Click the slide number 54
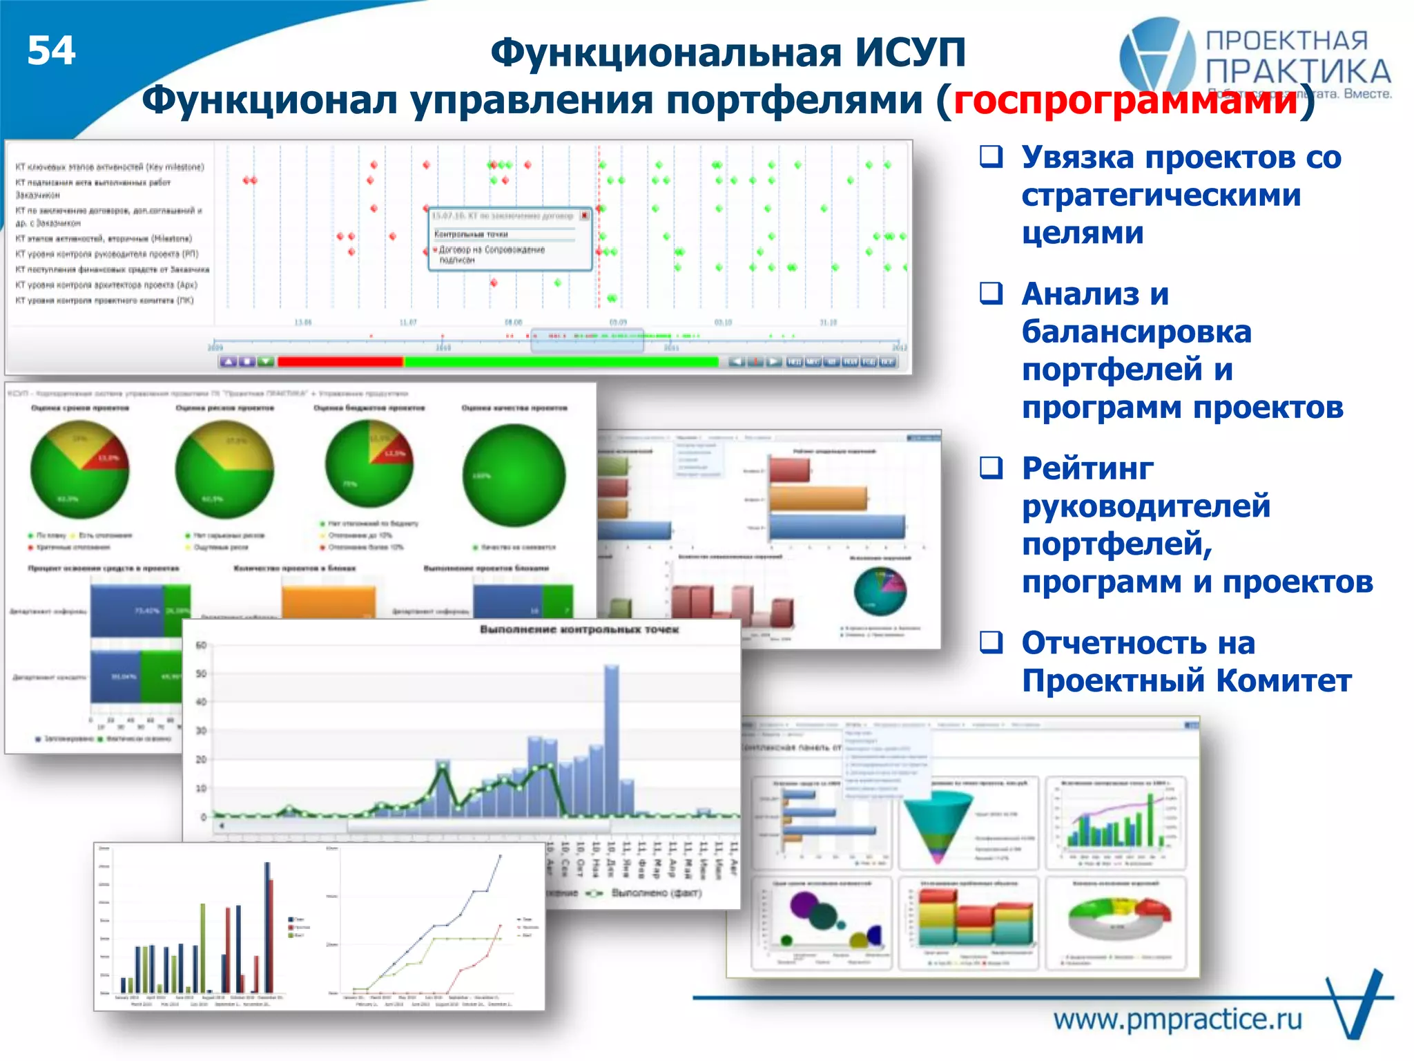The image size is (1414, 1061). click(51, 51)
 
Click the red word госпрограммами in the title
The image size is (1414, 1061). click(1125, 101)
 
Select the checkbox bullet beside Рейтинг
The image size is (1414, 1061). click(991, 468)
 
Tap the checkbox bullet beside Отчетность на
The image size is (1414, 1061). click(991, 642)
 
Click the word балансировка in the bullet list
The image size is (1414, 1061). click(1136, 332)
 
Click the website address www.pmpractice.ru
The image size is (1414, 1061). click(1177, 1019)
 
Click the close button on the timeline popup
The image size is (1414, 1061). click(584, 216)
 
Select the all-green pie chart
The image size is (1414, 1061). click(514, 475)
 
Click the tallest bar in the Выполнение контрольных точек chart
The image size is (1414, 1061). click(611, 739)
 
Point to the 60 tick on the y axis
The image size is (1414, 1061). click(201, 645)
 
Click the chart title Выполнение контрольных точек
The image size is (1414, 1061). click(579, 629)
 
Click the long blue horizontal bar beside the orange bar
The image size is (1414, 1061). click(837, 527)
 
